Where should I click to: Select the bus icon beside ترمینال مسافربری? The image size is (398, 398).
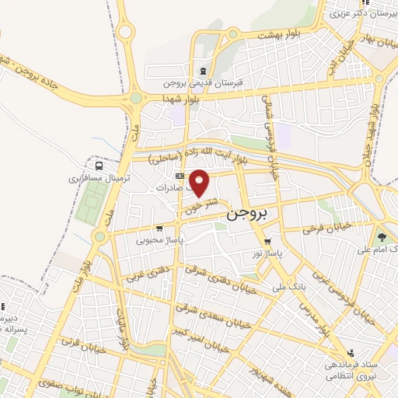tap(99, 165)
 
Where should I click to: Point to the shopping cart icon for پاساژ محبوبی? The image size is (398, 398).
tap(159, 229)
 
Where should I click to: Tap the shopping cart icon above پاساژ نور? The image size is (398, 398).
tap(268, 241)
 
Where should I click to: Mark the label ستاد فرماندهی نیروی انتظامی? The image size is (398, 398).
tap(350, 370)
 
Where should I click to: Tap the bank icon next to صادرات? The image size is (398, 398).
tap(180, 176)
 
